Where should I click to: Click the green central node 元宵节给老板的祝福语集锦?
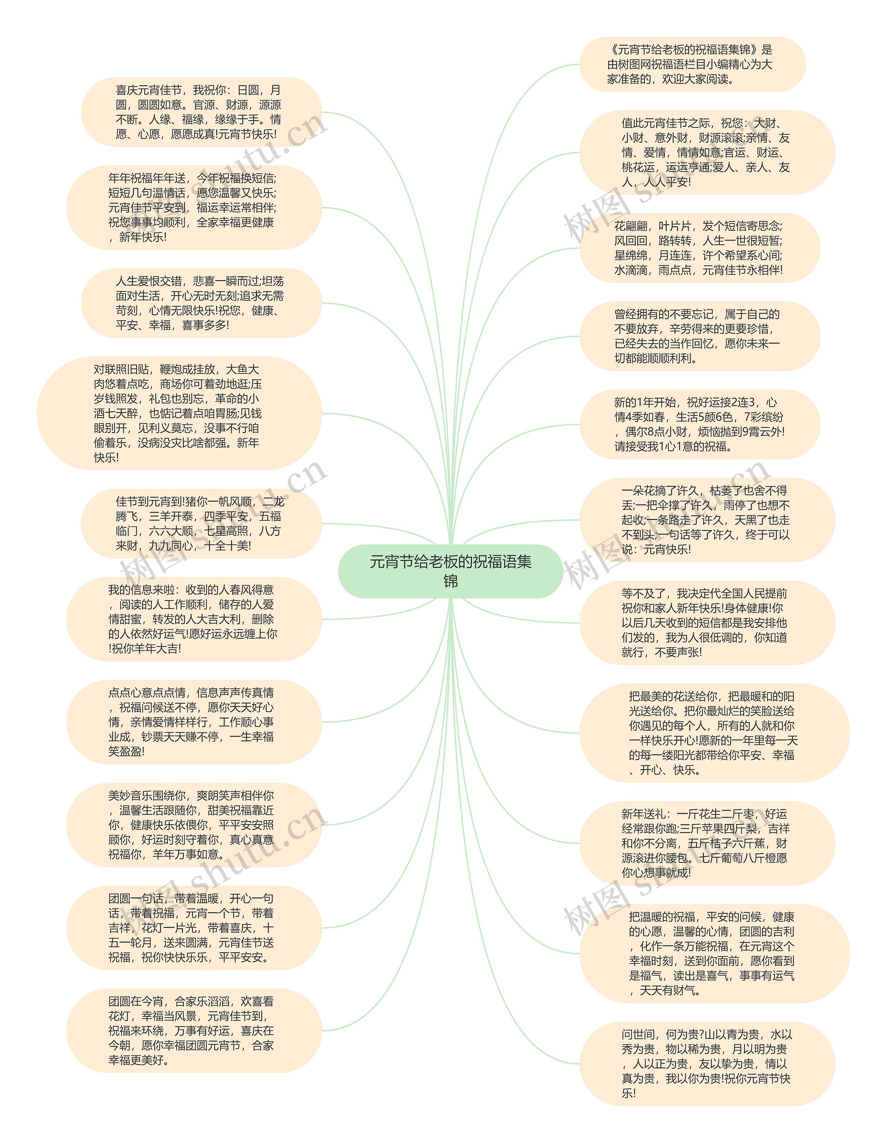point(450,571)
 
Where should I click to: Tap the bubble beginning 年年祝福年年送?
point(194,208)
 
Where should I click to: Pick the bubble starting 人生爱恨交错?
point(201,304)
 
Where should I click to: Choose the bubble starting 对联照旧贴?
point(179,413)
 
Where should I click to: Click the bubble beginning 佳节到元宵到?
point(201,524)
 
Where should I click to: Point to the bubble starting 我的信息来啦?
point(194,619)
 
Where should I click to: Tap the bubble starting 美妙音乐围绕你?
point(194,825)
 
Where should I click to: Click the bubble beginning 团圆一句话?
point(194,928)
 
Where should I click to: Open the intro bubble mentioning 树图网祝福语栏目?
point(692,64)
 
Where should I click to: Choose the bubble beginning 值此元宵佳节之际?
point(706,153)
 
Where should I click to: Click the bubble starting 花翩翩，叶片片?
point(699,248)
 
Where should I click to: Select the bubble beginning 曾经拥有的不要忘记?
point(699,336)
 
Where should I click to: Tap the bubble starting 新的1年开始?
point(699,424)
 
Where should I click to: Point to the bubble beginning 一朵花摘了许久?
point(706,520)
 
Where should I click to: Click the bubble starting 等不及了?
point(706,623)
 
